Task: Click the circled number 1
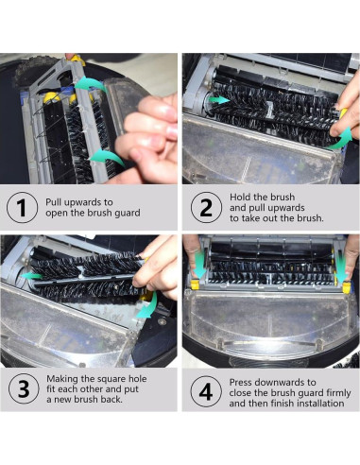(x=22, y=208)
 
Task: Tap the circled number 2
(x=206, y=208)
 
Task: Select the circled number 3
(x=24, y=389)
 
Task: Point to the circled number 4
(x=206, y=392)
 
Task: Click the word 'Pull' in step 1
(x=55, y=202)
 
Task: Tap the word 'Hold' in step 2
(x=240, y=198)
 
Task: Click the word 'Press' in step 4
(x=241, y=383)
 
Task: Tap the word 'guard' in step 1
(x=128, y=214)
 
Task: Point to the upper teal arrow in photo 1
(x=91, y=84)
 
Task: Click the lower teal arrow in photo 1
(x=107, y=156)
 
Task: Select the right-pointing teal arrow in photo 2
(x=220, y=100)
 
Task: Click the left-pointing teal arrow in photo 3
(x=31, y=276)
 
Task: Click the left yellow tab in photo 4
(x=195, y=284)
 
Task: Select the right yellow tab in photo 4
(x=346, y=287)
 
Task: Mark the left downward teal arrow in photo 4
(x=199, y=264)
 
